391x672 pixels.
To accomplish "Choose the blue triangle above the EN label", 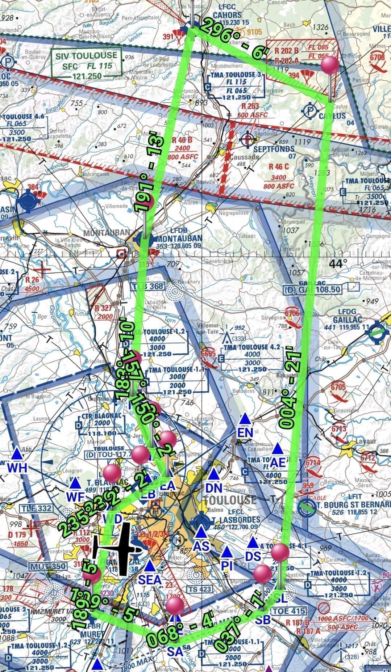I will pos(245,419).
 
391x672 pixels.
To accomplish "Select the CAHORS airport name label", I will pos(227,15).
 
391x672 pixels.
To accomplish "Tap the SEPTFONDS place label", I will pos(274,149).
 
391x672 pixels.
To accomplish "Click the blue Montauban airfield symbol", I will pos(145,239).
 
